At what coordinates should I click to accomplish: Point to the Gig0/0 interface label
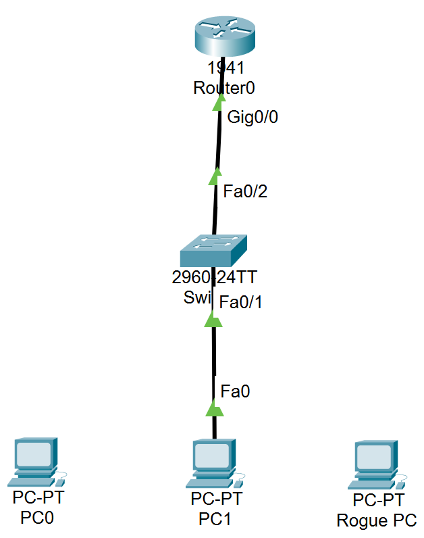(253, 117)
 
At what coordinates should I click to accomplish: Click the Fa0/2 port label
(245, 191)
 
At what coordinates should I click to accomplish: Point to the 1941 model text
(226, 68)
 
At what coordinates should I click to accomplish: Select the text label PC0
(37, 518)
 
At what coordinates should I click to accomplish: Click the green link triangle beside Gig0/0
(219, 102)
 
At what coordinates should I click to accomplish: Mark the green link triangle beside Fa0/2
(215, 176)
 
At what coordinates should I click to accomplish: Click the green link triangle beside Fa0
(214, 408)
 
